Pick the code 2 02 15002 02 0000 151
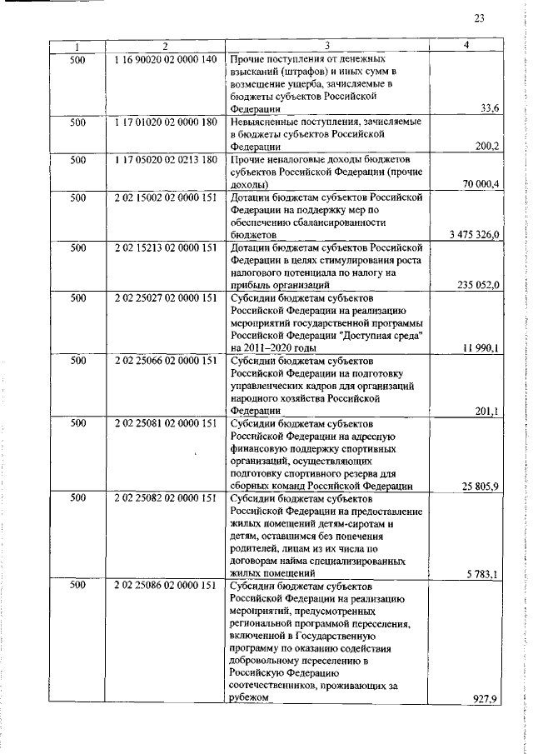point(166,197)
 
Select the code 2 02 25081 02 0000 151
point(166,423)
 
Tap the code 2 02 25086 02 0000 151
point(166,587)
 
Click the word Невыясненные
point(265,122)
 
